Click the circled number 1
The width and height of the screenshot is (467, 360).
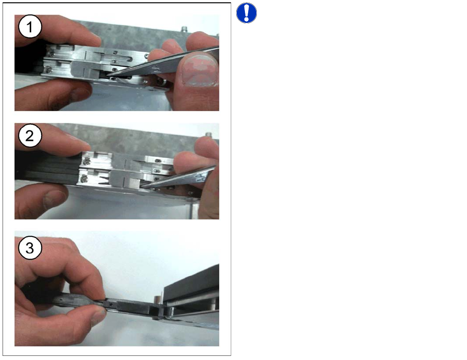30,27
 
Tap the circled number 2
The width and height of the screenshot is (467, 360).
30,136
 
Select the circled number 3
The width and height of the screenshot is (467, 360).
30,248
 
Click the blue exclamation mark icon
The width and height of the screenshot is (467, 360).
247,13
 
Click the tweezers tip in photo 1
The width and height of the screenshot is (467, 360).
105,74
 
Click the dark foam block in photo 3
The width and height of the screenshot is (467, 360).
191,282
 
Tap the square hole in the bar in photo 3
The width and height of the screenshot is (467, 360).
110,304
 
